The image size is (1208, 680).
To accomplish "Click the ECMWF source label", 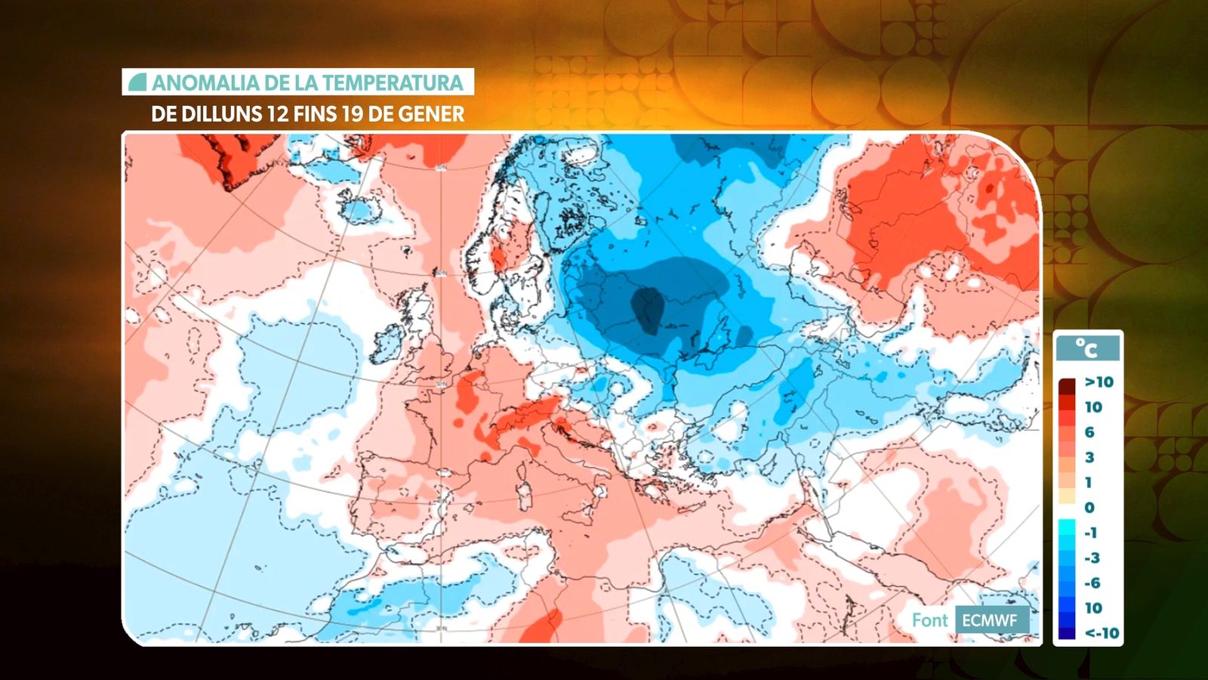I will [x=989, y=621].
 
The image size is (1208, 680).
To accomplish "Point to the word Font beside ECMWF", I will [x=929, y=621].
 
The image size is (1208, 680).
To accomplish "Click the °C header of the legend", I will [x=1087, y=348].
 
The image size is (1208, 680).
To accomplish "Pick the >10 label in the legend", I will [x=1099, y=382].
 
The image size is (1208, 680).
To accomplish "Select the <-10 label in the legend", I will [x=1102, y=633].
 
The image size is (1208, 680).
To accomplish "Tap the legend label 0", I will [x=1089, y=508].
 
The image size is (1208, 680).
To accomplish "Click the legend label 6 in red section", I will [x=1089, y=432].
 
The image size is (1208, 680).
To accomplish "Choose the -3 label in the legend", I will [x=1092, y=558].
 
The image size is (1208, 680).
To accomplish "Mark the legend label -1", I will [x=1091, y=533].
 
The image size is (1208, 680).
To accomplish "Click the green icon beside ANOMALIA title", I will [x=137, y=82].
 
